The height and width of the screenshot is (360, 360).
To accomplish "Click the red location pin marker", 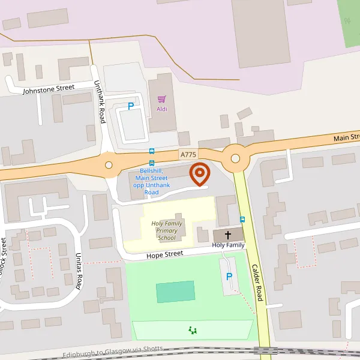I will pyautogui.click(x=200, y=174).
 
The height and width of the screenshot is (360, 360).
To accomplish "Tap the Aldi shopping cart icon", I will pyautogui.click(x=161, y=99).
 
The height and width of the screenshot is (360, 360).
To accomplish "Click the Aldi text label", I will pyautogui.click(x=162, y=109).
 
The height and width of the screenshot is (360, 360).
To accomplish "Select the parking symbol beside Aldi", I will pyautogui.click(x=131, y=107).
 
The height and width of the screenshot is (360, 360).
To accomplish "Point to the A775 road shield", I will pyautogui.click(x=188, y=155).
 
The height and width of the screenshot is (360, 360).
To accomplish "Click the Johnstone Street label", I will pyautogui.click(x=49, y=89).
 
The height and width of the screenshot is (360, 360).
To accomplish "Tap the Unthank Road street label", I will pyautogui.click(x=100, y=103).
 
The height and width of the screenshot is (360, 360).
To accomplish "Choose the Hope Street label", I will pyautogui.click(x=164, y=254).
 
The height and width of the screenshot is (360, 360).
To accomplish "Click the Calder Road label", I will pyautogui.click(x=257, y=282).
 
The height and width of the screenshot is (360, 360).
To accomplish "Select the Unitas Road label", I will pyautogui.click(x=79, y=271).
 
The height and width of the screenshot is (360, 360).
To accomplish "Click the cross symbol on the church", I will pyautogui.click(x=228, y=235).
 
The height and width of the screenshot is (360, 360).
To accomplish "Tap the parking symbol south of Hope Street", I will pyautogui.click(x=229, y=277).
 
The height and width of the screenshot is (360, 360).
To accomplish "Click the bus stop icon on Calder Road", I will pyautogui.click(x=242, y=220).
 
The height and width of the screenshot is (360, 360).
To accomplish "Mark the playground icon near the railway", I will pyautogui.click(x=193, y=329).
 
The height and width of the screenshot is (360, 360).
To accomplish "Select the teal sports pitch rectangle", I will pyautogui.click(x=176, y=292).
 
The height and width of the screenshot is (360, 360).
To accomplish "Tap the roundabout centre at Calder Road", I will pyautogui.click(x=235, y=158).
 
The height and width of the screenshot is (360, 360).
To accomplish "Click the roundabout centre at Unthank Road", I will pyautogui.click(x=109, y=165).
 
